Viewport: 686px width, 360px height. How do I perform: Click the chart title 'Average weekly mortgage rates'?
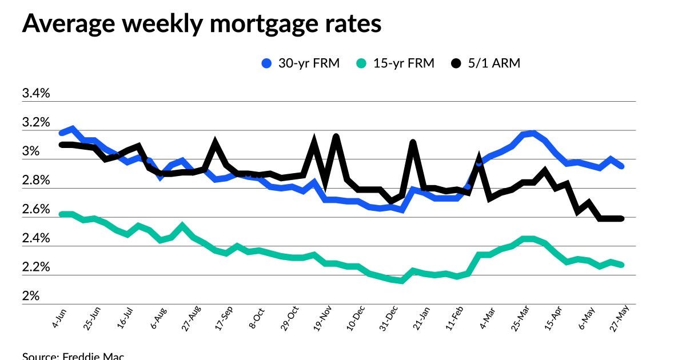[x=201, y=24]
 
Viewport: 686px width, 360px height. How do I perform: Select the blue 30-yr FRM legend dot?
[x=266, y=63]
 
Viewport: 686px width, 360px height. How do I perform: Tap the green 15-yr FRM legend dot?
[x=362, y=63]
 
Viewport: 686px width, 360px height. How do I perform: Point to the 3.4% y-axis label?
[x=36, y=94]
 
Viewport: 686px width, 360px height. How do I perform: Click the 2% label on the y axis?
[x=31, y=296]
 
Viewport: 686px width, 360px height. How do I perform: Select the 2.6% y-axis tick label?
[x=36, y=210]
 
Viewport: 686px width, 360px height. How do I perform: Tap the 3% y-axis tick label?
[x=31, y=151]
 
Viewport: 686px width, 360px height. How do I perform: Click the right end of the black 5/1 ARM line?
[x=621, y=218]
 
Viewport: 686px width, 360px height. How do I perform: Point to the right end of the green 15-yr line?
[x=621, y=265]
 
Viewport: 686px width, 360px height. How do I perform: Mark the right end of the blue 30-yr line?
[x=621, y=166]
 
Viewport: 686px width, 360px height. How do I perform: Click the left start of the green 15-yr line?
[x=61, y=214]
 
